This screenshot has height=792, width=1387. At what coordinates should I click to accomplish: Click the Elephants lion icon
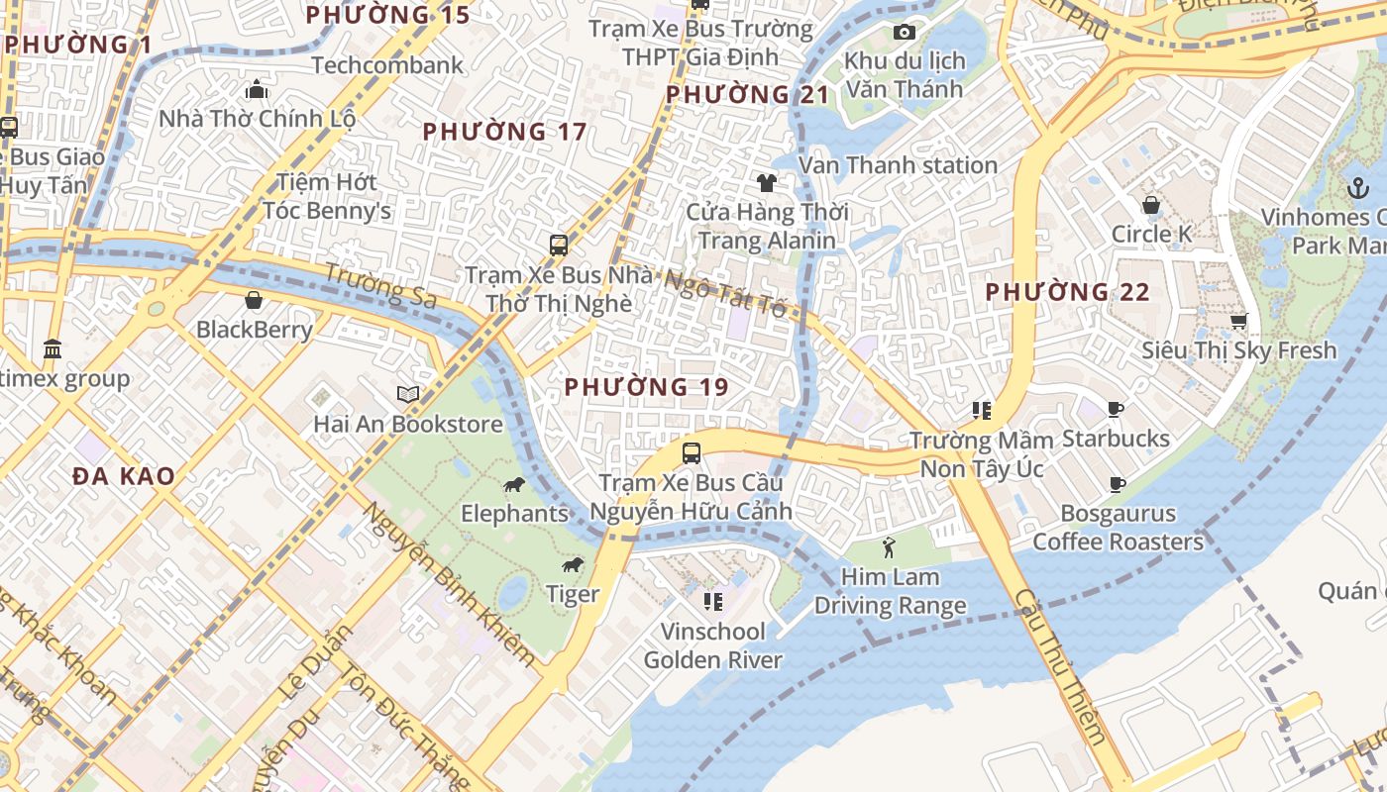coord(513,484)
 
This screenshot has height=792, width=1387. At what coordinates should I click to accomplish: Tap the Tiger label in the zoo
coord(573,593)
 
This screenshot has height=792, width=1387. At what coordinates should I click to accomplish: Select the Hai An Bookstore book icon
coord(408,394)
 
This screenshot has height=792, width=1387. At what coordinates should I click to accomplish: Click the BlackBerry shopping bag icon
coord(254,299)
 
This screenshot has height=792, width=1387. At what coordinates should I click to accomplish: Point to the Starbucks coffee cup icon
coord(1116,409)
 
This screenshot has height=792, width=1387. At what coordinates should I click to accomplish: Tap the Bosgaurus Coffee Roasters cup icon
coord(1118,484)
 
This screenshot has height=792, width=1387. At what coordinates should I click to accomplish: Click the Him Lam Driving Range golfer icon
coord(889,546)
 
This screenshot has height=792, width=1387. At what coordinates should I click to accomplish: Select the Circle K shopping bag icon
coord(1151,205)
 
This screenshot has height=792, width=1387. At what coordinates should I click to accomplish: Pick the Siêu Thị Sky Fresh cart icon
coord(1238,321)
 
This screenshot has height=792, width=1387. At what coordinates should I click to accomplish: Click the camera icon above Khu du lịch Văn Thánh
coord(904,33)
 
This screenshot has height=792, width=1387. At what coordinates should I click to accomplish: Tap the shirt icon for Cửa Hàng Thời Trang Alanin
coord(767,182)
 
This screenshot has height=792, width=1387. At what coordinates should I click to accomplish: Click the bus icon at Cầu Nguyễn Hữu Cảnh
coord(692,453)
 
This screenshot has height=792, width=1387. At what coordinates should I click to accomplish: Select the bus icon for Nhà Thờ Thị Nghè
coord(559,245)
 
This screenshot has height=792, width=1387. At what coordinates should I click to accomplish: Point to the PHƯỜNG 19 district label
coord(646,387)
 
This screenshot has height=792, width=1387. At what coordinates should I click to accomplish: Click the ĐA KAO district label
coord(124,476)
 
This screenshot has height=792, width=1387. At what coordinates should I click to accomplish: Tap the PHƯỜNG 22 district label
coord(1067,292)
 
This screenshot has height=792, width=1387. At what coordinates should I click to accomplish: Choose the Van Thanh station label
coord(898,165)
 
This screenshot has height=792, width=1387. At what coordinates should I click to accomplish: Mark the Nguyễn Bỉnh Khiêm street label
coord(448,584)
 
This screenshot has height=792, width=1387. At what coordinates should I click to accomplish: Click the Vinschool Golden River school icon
coord(712,601)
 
